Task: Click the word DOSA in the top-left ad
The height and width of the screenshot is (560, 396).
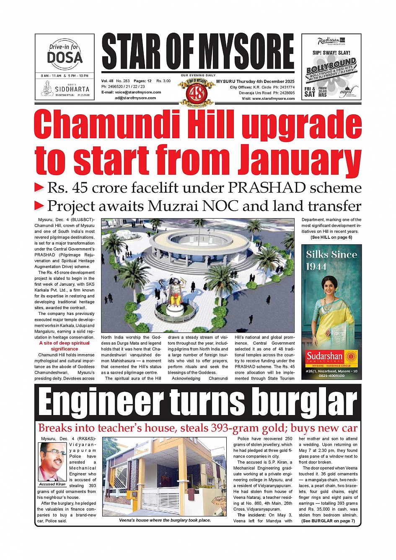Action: click(65, 57)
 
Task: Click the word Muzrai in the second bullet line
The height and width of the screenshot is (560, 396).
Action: click(172, 206)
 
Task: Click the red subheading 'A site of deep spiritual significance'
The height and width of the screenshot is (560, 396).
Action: click(65, 346)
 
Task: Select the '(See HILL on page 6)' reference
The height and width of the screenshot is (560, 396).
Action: click(331, 237)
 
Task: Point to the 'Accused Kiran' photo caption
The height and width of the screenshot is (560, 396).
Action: click(52, 484)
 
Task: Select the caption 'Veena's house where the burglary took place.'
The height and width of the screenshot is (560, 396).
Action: click(165, 520)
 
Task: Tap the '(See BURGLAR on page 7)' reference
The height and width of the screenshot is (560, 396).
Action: click(328, 521)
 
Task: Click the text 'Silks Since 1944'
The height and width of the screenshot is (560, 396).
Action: click(331, 260)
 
